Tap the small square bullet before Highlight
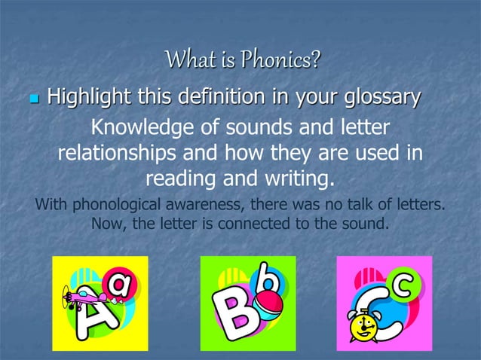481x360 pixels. pos(32,99)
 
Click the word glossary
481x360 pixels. pos(378,97)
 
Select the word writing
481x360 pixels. pos(295,180)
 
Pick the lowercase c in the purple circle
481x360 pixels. pos(404,285)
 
